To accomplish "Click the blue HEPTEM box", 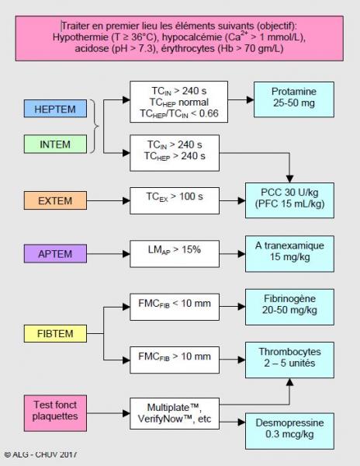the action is [55, 109].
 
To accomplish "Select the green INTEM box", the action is [55, 144].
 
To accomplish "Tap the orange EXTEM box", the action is [55, 200].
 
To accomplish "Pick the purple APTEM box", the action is [55, 254].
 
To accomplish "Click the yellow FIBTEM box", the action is [55, 333].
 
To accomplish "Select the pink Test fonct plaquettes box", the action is [55, 413].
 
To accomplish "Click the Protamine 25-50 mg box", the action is [294, 99].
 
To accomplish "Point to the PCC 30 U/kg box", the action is [289, 200].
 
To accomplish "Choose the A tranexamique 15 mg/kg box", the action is [289, 254].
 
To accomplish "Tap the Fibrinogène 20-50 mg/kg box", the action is [289, 307].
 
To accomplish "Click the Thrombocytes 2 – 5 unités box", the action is [289, 360].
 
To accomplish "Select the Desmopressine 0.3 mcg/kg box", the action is [289, 431].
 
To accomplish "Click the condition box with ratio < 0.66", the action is [179, 102].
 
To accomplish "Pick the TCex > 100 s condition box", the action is [175, 200].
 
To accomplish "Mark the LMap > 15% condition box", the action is [175, 254].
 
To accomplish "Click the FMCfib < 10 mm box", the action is [175, 307].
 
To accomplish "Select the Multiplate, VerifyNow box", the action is [175, 413].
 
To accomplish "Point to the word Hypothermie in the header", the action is [81, 37].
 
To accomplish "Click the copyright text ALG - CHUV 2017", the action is [40, 454].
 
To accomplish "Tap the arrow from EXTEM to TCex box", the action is [109, 201].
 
